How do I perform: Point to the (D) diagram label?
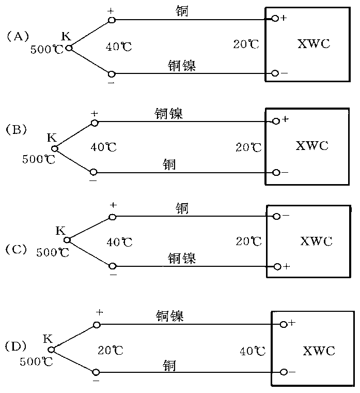tap(15, 345)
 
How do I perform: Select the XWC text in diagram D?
tap(319, 351)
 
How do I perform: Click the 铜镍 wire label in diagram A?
tap(182, 66)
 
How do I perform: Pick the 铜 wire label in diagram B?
tap(169, 164)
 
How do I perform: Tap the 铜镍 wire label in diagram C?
tap(182, 258)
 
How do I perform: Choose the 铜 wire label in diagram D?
tap(169, 365)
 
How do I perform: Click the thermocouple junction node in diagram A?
tap(69, 48)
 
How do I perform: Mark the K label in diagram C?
tap(60, 231)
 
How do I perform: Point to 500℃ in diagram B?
tap(38, 159)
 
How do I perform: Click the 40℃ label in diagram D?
tap(253, 352)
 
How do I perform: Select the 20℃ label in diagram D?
tap(111, 350)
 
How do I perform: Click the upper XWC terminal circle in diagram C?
tap(276, 216)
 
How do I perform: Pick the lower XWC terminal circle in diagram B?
tap(276, 172)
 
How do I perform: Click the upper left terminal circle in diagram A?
tap(111, 20)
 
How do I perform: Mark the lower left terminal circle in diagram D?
tap(96, 372)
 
